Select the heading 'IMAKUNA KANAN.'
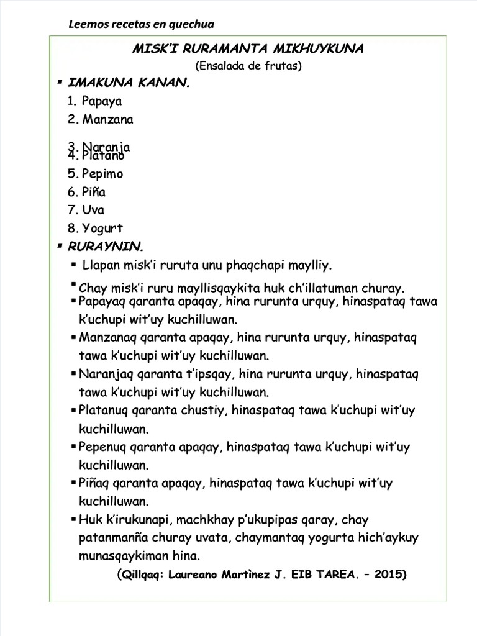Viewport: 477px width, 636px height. coord(128,83)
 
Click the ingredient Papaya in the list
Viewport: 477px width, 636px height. coord(102,101)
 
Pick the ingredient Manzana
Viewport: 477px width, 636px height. coord(107,119)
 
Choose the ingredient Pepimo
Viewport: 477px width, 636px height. coord(102,174)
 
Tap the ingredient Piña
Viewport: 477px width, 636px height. coord(94,192)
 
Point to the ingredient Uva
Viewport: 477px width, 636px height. coord(93,210)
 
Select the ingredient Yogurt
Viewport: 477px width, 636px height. coord(102,228)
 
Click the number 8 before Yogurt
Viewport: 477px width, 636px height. coord(72,228)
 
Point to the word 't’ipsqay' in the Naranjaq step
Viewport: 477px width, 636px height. coord(214,375)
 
